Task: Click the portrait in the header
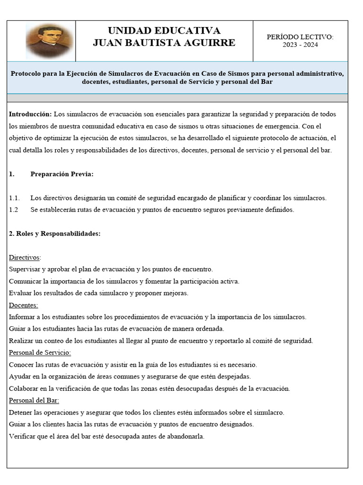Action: pyautogui.click(x=50, y=41)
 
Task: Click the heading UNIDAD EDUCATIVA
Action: pyautogui.click(x=164, y=31)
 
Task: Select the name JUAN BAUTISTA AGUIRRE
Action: pyautogui.click(x=164, y=43)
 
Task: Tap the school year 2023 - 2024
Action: pyautogui.click(x=300, y=45)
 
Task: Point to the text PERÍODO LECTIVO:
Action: pyautogui.click(x=300, y=36)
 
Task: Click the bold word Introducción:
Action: pyautogui.click(x=30, y=114)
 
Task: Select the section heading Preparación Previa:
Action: pyautogui.click(x=62, y=174)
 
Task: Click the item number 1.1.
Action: pyautogui.click(x=14, y=198)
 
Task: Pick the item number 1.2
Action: pyautogui.click(x=14, y=210)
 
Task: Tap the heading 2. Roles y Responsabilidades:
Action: pyautogui.click(x=54, y=234)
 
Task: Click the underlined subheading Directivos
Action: pyautogui.click(x=25, y=257)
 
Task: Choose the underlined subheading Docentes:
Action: pyautogui.click(x=24, y=305)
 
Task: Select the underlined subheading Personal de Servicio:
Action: pyautogui.click(x=40, y=353)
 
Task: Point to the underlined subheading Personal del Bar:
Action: pyautogui.click(x=34, y=401)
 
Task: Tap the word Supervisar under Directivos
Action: pyautogui.click(x=24, y=269)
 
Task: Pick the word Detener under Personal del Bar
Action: pyautogui.click(x=22, y=413)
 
